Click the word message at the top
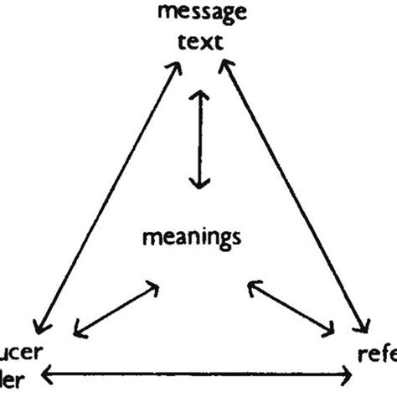point(198,15)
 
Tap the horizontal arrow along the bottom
point(196,374)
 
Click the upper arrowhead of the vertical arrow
point(198,95)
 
